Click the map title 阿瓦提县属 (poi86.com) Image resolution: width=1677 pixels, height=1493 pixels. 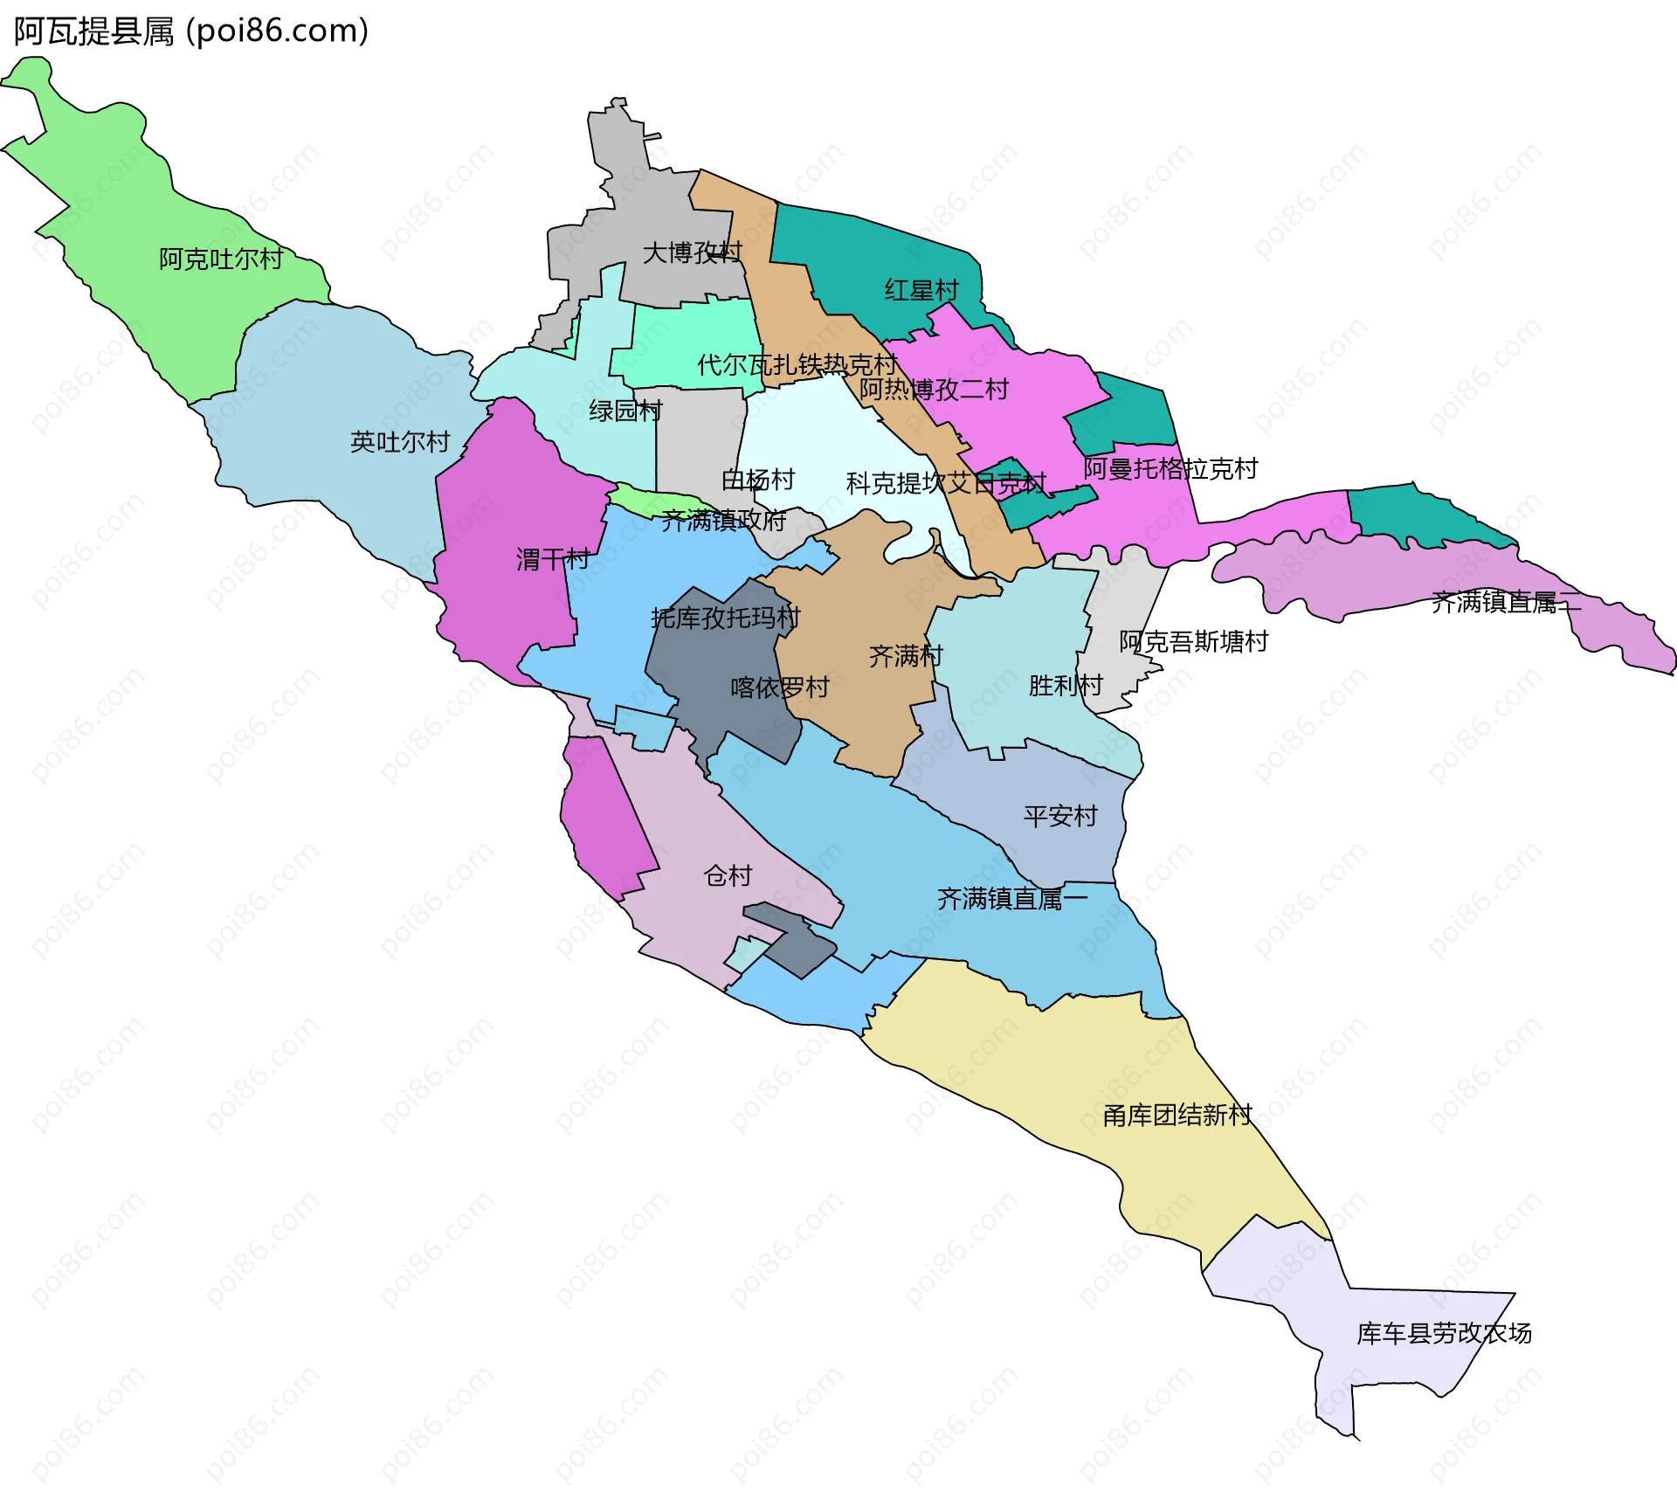[x=190, y=31]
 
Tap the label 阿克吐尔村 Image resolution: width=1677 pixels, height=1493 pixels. [x=221, y=259]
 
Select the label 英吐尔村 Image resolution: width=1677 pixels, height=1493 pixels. [x=400, y=442]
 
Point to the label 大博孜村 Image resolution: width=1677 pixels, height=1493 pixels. [x=692, y=253]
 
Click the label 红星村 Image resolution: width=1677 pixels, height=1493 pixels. [x=921, y=290]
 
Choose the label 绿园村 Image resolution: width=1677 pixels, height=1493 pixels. [x=625, y=411]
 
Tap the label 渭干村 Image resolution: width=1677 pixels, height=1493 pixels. [x=553, y=559]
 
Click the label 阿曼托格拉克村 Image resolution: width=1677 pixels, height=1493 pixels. [x=1170, y=469]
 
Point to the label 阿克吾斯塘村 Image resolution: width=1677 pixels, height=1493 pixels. [x=1193, y=642]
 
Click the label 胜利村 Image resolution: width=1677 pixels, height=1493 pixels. [x=1066, y=686]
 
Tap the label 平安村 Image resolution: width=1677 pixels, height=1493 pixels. [x=1060, y=816]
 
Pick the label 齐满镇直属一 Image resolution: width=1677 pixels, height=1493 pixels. [x=1012, y=898]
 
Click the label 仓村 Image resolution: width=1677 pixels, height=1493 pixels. [x=728, y=875]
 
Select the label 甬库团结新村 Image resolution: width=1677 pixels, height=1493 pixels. [x=1177, y=1116]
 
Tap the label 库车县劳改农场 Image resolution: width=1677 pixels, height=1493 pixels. [x=1444, y=1333]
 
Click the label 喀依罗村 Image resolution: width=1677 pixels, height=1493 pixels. [x=780, y=688]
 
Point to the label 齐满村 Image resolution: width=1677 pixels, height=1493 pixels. [x=906, y=656]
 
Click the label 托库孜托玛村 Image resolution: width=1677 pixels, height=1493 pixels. [x=725, y=619]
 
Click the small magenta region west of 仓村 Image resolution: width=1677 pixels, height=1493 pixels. [x=604, y=821]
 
